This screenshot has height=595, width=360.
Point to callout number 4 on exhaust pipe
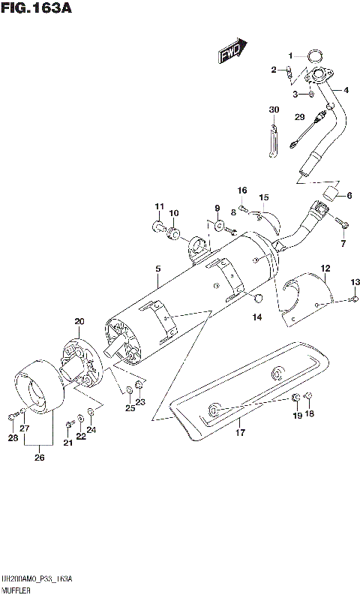pos(346,90)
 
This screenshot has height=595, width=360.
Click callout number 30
pos(274,110)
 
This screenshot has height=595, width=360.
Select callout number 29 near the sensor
pos(298,116)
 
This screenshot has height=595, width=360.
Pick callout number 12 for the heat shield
pos(325,268)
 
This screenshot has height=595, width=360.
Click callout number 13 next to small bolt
pos(354,281)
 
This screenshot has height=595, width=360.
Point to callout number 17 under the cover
pos(240,432)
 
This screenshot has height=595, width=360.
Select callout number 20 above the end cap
pos(79,322)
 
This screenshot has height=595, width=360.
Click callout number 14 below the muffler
pos(257,317)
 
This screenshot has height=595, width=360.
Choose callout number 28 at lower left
pos(13,437)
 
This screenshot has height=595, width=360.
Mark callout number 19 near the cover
pos(297,415)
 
